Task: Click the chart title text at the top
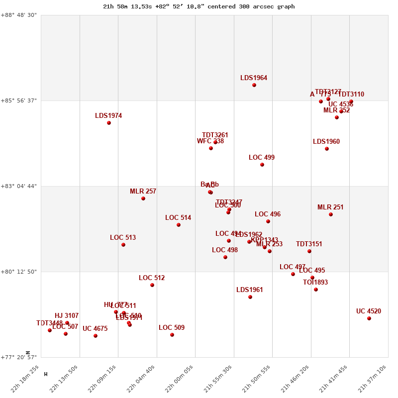click(199, 6)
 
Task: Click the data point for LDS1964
click(254, 85)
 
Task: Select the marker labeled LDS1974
click(109, 123)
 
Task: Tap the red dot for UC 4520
click(369, 318)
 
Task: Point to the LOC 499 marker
click(262, 165)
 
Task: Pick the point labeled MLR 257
click(143, 199)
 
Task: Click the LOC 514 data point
click(179, 225)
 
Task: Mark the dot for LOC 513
click(123, 245)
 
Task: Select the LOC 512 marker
click(152, 285)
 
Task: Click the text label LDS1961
click(250, 290)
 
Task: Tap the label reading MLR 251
click(330, 207)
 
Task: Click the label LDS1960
click(326, 142)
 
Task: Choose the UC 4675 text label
click(95, 329)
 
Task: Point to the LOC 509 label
click(172, 328)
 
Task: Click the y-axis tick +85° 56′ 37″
click(20, 100)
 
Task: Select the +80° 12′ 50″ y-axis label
click(20, 272)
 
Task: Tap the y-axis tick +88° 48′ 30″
click(20, 15)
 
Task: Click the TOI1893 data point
click(316, 290)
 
